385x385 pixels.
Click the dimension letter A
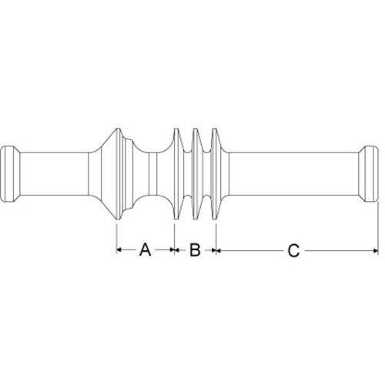[145, 249]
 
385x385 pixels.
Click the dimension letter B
[195, 249]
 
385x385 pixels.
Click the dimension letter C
[293, 250]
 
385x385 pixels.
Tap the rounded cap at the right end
[369, 174]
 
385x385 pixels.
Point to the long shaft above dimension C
[293, 174]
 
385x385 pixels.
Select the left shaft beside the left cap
[54, 174]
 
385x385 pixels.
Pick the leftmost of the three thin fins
[178, 174]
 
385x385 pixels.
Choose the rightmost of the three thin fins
[216, 174]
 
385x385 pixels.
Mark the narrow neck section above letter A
[152, 174]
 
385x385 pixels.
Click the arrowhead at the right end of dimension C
[376, 250]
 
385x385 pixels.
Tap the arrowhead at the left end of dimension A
[119, 249]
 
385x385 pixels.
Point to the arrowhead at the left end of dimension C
[219, 250]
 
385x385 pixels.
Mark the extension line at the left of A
[116, 239]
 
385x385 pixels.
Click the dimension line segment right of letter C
[342, 250]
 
